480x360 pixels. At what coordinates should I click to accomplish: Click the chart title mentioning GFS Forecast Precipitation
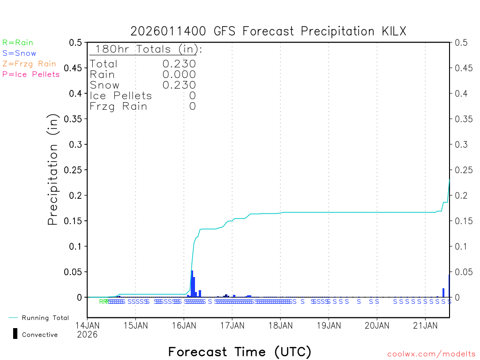pyautogui.click(x=268, y=31)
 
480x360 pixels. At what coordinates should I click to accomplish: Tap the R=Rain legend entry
pyautogui.click(x=18, y=43)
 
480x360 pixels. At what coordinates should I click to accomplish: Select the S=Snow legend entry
pyautogui.click(x=19, y=53)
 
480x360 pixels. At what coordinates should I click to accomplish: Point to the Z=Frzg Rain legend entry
pyautogui.click(x=29, y=64)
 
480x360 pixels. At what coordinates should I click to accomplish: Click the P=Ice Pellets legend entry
pyautogui.click(x=31, y=74)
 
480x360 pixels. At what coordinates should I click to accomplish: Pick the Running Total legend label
pyautogui.click(x=45, y=318)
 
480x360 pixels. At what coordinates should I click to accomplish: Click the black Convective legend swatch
pyautogui.click(x=15, y=333)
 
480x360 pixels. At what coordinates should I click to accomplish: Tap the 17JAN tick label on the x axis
pyautogui.click(x=232, y=325)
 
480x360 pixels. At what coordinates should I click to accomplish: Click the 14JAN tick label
pyautogui.click(x=87, y=325)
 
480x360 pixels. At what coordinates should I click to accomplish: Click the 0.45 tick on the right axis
pyautogui.click(x=464, y=68)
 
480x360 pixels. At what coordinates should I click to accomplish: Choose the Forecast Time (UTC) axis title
pyautogui.click(x=240, y=352)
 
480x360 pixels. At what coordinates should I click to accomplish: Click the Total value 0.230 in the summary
pyautogui.click(x=179, y=64)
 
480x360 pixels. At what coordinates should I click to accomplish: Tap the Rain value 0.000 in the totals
pyautogui.click(x=179, y=75)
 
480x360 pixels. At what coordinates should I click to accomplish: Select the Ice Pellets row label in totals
pyautogui.click(x=121, y=96)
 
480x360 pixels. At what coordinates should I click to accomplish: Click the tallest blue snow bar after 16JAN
pyautogui.click(x=192, y=284)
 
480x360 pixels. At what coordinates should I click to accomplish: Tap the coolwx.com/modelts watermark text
pyautogui.click(x=431, y=354)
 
